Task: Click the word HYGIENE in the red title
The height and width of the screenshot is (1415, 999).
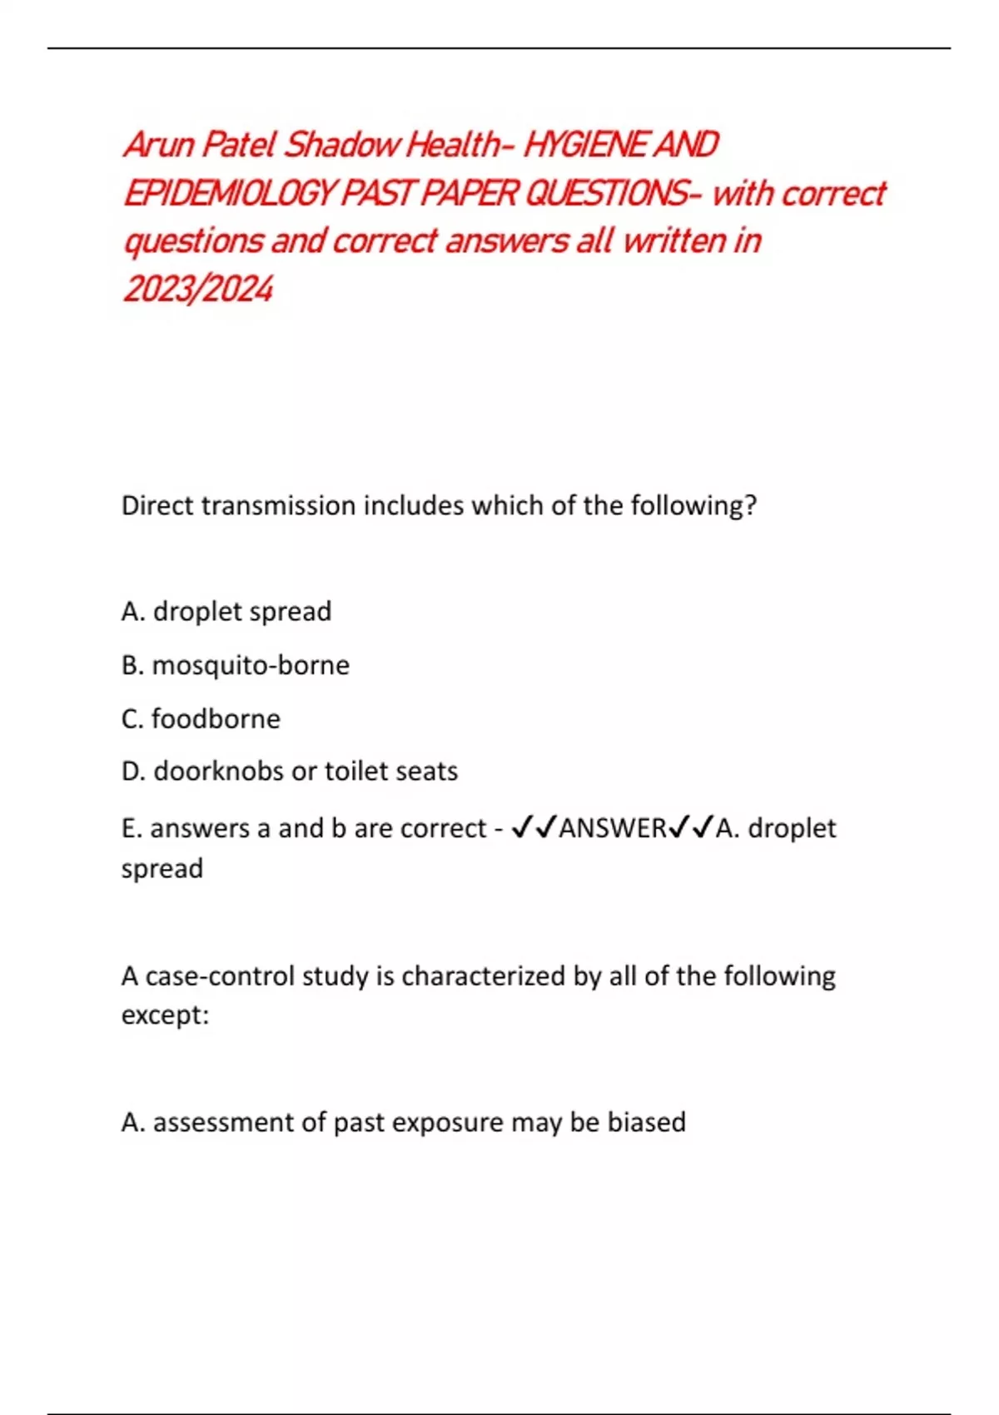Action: coord(586,145)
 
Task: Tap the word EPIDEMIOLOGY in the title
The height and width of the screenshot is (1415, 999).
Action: coord(228,193)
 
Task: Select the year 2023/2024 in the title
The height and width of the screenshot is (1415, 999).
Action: coord(198,289)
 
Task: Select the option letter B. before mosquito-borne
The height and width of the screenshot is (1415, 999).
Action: coord(132,665)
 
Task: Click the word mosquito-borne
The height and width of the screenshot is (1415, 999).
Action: coord(251,665)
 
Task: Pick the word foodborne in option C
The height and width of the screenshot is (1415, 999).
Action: coord(216,718)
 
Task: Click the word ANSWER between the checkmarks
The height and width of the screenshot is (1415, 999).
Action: coord(613,828)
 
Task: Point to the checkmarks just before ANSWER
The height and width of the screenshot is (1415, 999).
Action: coord(534,828)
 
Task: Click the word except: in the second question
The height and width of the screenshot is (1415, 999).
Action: coord(165,1015)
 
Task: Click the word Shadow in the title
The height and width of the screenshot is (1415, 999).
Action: coord(342,145)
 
